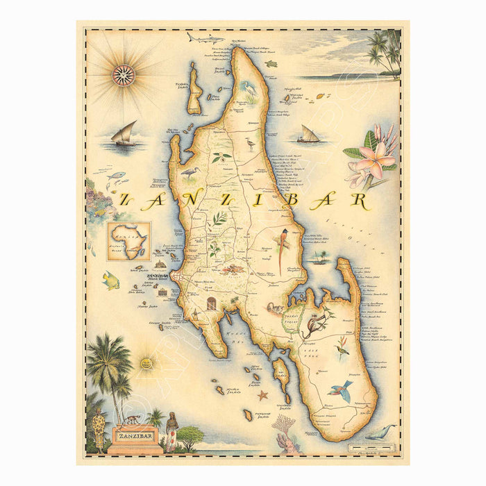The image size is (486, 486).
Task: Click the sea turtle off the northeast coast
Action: [x=270, y=64]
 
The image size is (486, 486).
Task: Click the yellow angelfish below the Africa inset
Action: [x=111, y=280]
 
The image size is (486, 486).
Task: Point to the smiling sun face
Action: [x=146, y=362]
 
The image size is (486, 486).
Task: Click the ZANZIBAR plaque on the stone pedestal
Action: [x=135, y=436]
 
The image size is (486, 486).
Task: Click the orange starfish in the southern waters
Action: [x=262, y=396]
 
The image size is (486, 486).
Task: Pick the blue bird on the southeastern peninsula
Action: [x=341, y=389]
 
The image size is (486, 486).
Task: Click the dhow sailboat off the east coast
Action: [x=308, y=135]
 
